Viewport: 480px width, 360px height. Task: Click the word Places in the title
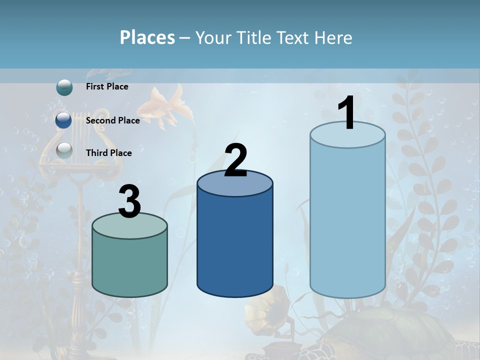point(147,37)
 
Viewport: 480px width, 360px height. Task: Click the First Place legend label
point(107,86)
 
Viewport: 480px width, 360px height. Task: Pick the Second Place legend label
point(112,120)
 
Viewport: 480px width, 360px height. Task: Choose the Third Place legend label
point(108,153)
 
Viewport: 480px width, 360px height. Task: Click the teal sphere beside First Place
point(64,87)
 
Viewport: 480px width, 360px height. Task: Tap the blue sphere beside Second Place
point(64,120)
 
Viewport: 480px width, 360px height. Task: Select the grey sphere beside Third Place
point(64,150)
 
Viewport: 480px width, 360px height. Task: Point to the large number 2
point(235,160)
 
